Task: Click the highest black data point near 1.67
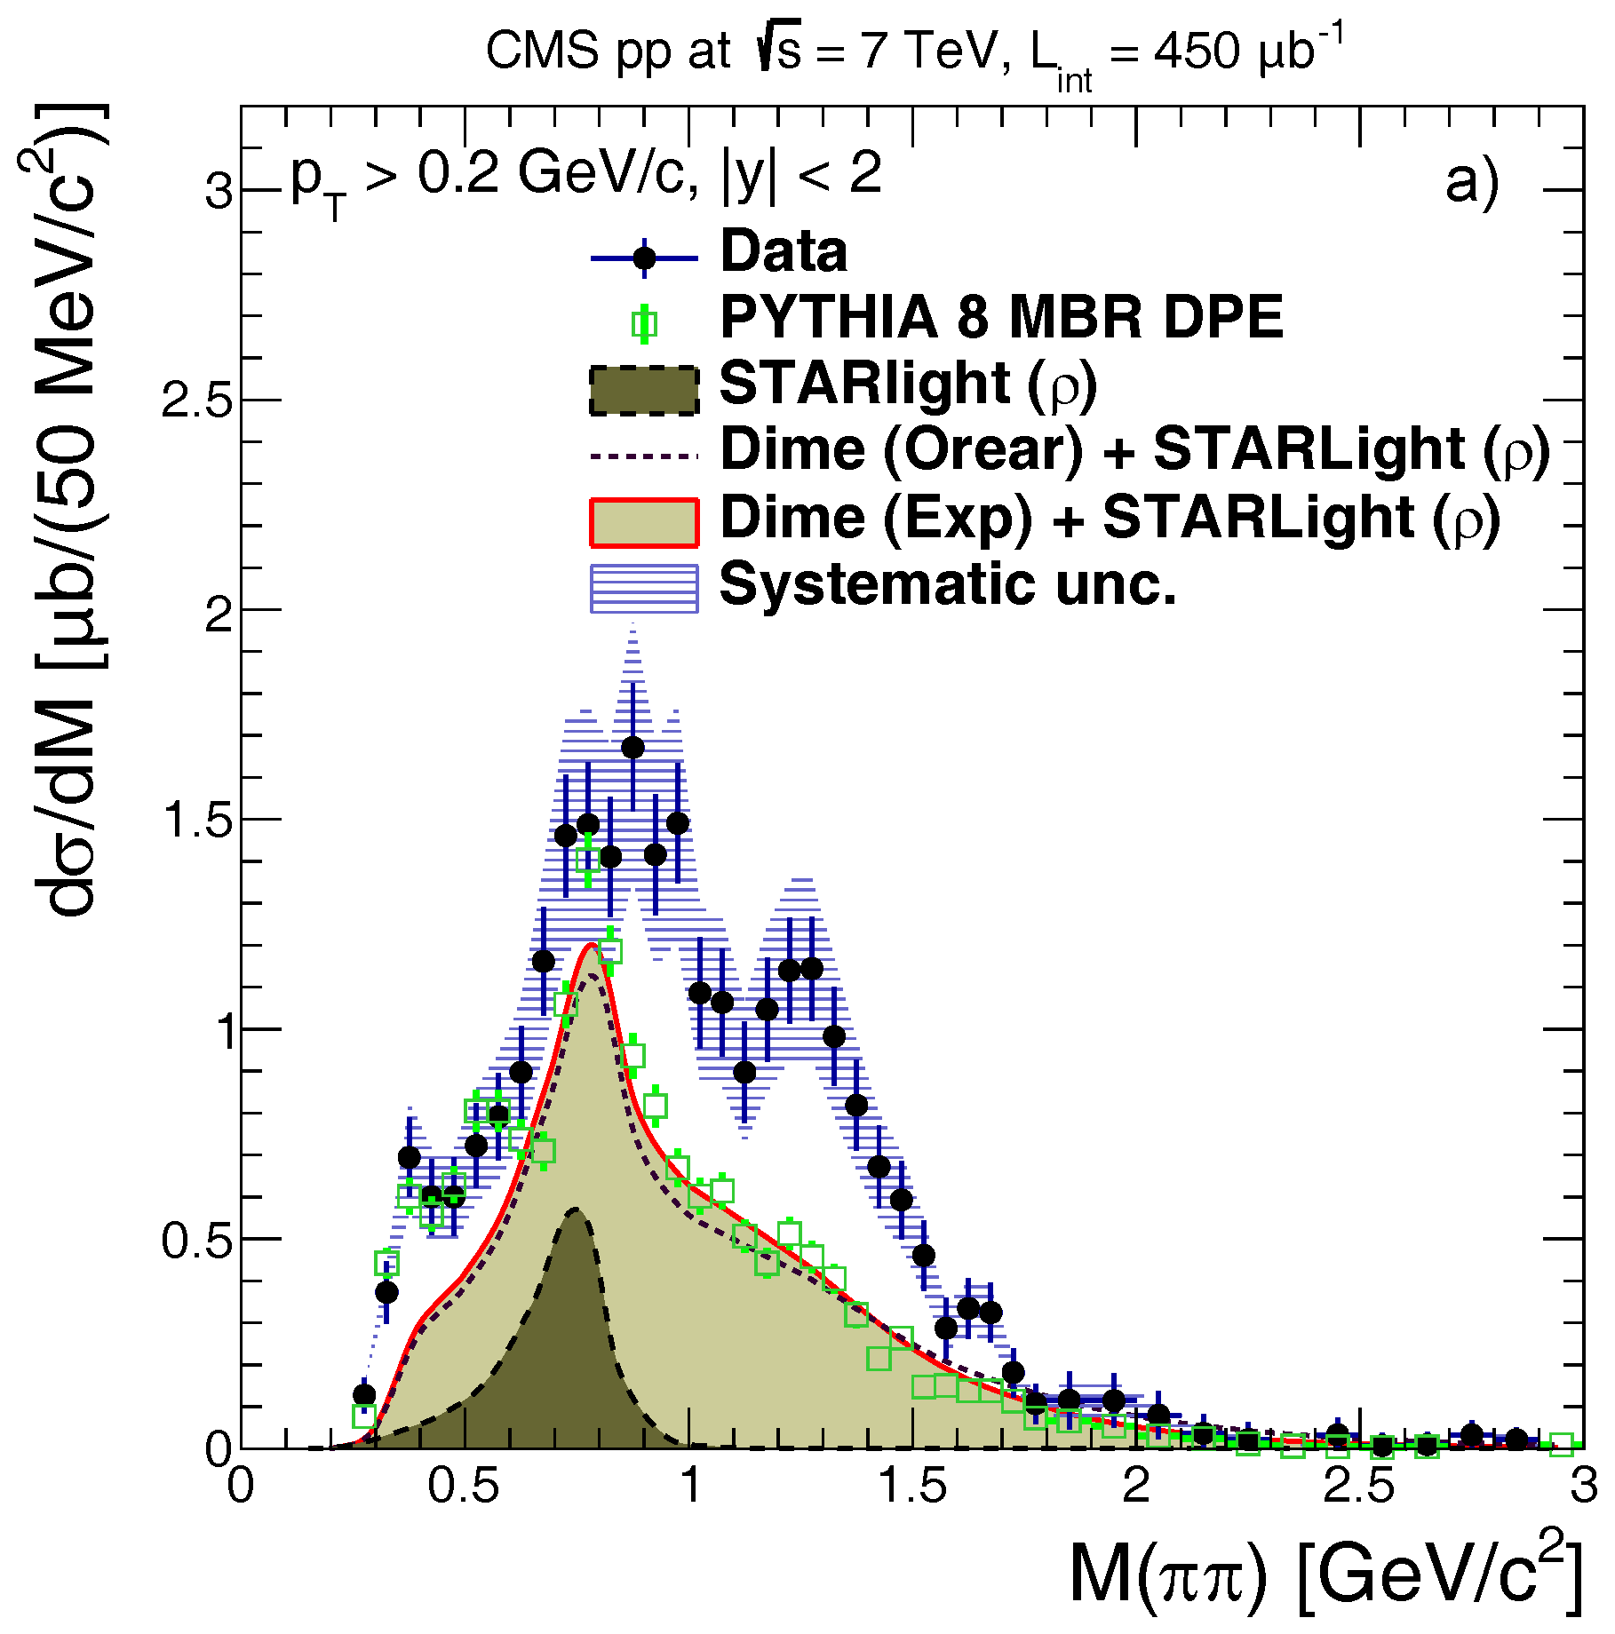(632, 748)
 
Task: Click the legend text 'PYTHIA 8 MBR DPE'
(1001, 317)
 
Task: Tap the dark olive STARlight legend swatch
(644, 389)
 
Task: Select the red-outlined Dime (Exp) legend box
(644, 522)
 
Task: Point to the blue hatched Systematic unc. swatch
(644, 588)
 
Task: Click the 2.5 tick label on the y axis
(195, 401)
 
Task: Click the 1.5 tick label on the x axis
(912, 1486)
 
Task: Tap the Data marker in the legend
(644, 258)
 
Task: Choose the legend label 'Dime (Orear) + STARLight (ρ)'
(1134, 450)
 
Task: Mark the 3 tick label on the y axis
(219, 192)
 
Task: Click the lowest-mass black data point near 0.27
(363, 1395)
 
